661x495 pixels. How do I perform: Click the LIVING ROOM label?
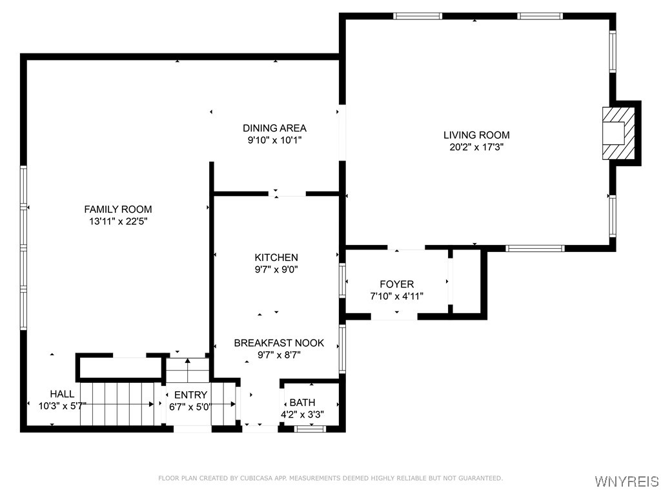pyautogui.click(x=476, y=135)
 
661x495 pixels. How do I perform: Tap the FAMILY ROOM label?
pyautogui.click(x=118, y=209)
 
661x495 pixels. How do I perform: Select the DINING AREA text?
pyautogui.click(x=274, y=128)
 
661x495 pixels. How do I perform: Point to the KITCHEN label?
pyautogui.click(x=276, y=257)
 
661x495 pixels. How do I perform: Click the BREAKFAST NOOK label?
pyautogui.click(x=279, y=343)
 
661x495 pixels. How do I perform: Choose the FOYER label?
pyautogui.click(x=397, y=284)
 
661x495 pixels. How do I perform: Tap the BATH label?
pyautogui.click(x=302, y=402)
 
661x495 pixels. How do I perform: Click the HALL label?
pyautogui.click(x=62, y=394)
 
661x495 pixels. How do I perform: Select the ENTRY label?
pyautogui.click(x=190, y=395)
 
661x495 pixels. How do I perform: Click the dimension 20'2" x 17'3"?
pyautogui.click(x=477, y=148)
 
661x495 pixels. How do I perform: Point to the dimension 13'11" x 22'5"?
pyautogui.click(x=118, y=222)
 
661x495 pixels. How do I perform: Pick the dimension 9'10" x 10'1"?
pyautogui.click(x=274, y=140)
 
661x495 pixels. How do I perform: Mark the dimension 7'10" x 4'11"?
pyautogui.click(x=397, y=296)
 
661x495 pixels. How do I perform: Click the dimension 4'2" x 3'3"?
pyautogui.click(x=302, y=414)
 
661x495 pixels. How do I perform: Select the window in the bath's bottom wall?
pyautogui.click(x=310, y=429)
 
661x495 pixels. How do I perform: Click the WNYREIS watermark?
pyautogui.click(x=627, y=481)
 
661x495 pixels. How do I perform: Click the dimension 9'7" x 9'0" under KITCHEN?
pyautogui.click(x=276, y=269)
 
